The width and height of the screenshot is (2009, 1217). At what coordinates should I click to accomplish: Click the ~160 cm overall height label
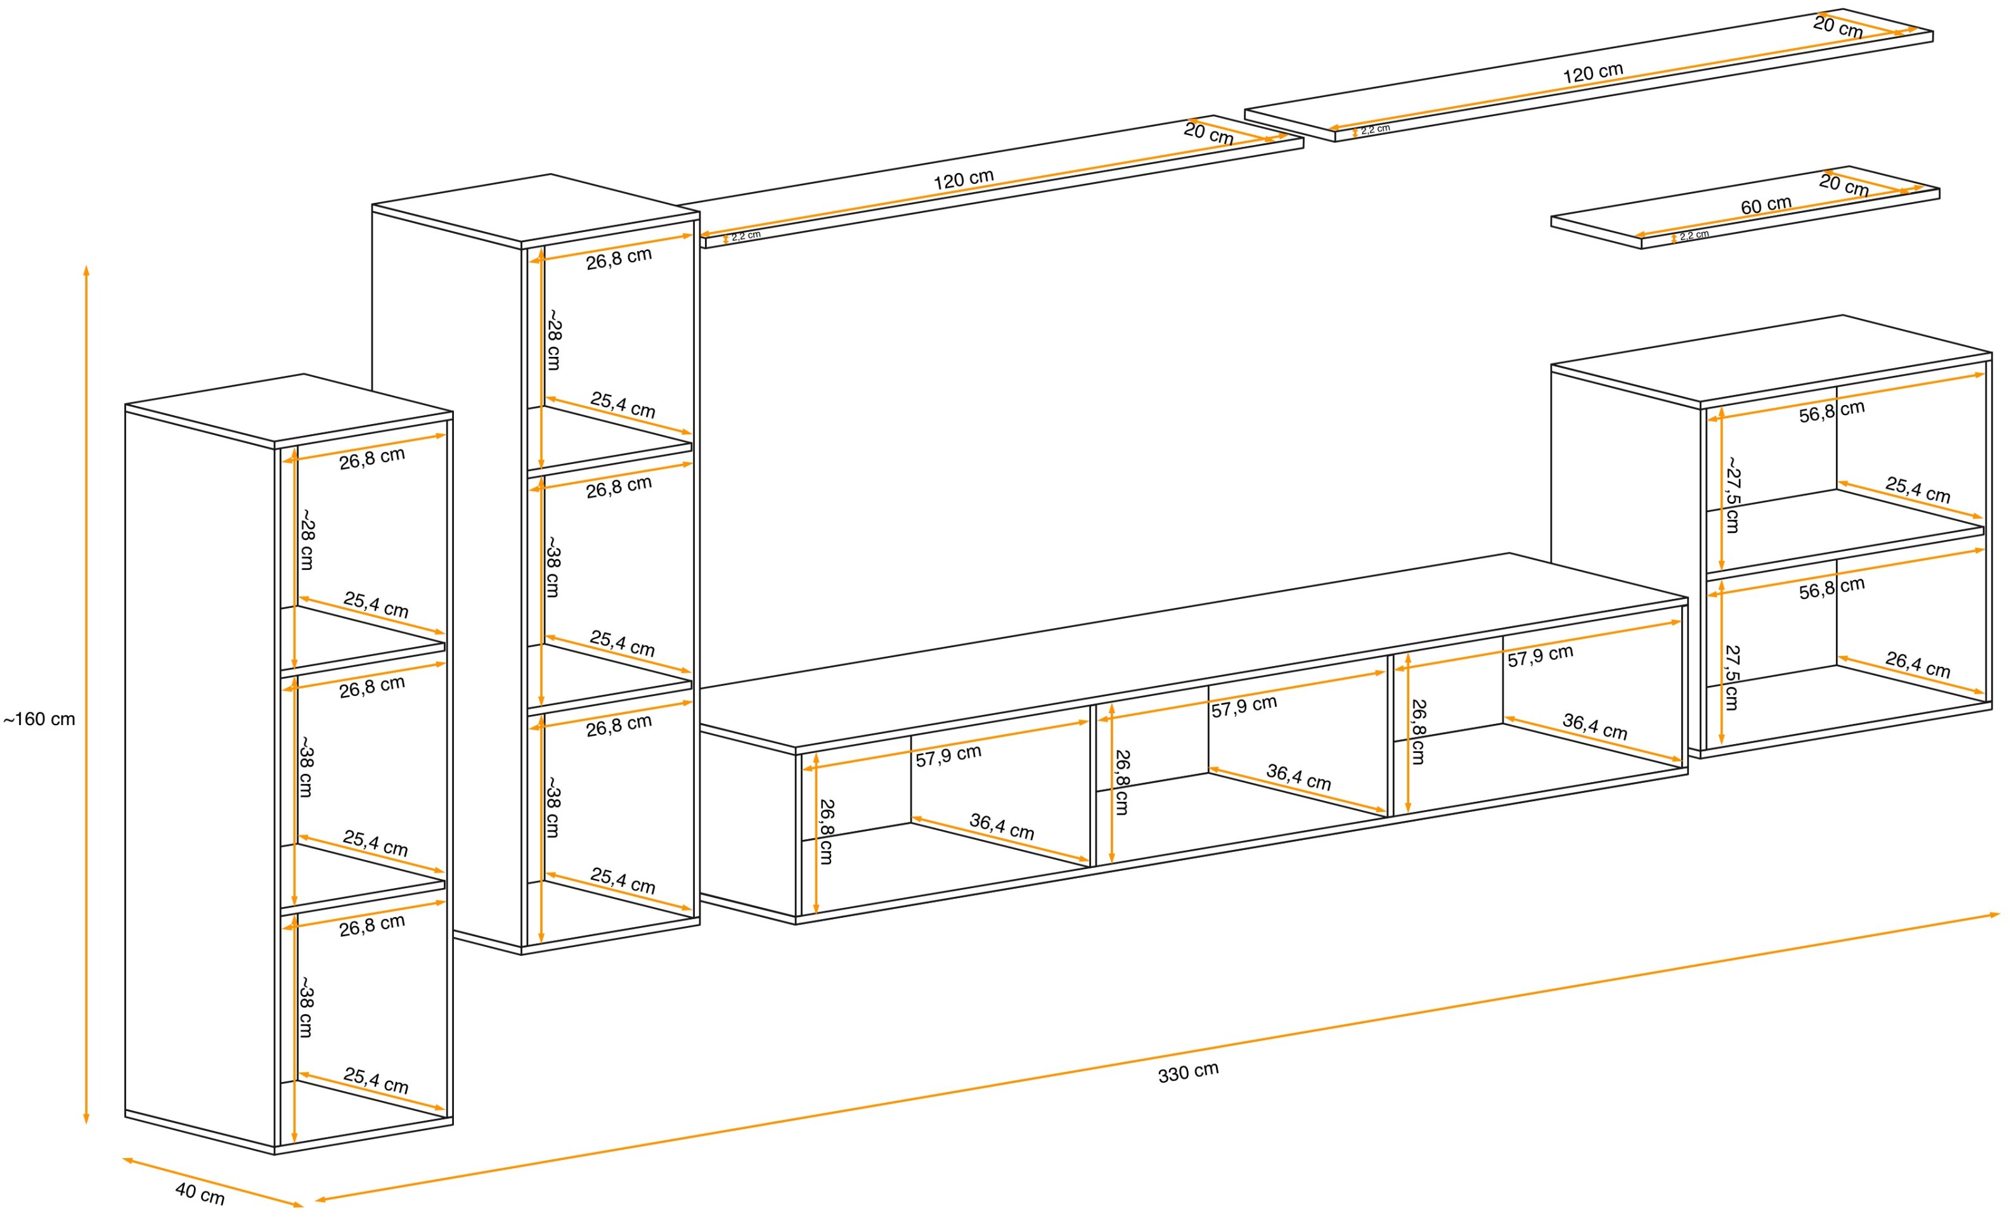tap(39, 719)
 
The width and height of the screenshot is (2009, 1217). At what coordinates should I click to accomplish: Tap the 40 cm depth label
tap(200, 1194)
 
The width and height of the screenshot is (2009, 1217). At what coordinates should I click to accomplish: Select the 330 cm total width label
tap(1188, 1072)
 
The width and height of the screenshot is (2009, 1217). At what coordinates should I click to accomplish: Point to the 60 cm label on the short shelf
tap(1766, 205)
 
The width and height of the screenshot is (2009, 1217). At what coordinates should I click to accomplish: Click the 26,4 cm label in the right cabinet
tap(1918, 664)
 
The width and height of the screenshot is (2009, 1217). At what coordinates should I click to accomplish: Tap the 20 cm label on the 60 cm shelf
tap(1844, 185)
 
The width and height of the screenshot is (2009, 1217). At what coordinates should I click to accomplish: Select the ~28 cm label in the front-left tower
tap(307, 539)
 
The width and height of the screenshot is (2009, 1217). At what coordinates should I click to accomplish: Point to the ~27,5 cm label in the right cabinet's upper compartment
tap(1733, 495)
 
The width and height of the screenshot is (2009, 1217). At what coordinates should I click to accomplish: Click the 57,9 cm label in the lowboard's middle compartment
tap(1243, 706)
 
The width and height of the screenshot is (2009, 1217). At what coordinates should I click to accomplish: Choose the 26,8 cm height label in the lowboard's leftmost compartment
tap(826, 832)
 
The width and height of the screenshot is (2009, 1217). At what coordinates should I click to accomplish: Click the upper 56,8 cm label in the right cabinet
tap(1832, 411)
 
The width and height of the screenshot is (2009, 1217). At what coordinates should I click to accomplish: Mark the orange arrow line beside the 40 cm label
tap(213, 1182)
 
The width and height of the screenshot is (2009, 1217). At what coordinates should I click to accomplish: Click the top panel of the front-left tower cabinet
tap(290, 409)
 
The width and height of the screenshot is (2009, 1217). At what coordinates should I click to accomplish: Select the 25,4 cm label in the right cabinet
tap(1918, 490)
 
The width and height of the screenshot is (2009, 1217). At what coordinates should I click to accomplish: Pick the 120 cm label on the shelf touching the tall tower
tap(964, 179)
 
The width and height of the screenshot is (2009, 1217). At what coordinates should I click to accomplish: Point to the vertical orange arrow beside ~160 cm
tap(86, 695)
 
